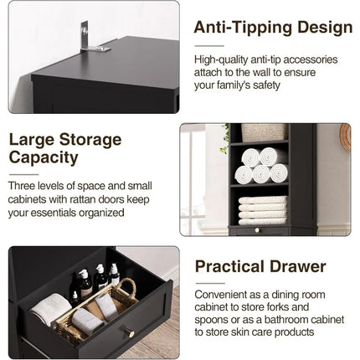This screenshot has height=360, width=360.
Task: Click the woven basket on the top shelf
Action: coord(263,132)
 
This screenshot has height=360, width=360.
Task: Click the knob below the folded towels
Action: coord(257,230)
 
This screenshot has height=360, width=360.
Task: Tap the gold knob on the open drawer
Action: coord(129,334)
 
